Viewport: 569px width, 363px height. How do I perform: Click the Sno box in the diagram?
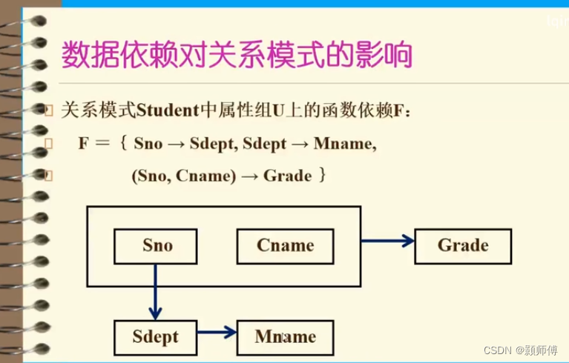pyautogui.click(x=157, y=246)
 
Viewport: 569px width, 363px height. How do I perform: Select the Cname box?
pyautogui.click(x=285, y=246)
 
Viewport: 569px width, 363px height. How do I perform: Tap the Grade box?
pyautogui.click(x=463, y=246)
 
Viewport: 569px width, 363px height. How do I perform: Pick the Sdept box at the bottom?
pyautogui.click(x=156, y=337)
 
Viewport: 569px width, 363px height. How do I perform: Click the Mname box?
pyautogui.click(x=285, y=337)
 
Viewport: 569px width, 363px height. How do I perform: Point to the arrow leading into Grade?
pyautogui.click(x=387, y=240)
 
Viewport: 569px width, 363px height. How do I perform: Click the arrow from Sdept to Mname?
pyautogui.click(x=217, y=332)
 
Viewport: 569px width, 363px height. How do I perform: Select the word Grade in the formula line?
pyautogui.click(x=288, y=176)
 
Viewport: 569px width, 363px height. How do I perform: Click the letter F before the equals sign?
pyautogui.click(x=84, y=144)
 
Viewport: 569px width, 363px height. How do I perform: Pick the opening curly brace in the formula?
pyautogui.click(x=122, y=144)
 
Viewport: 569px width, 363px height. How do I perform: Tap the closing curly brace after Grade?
pyautogui.click(x=321, y=176)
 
